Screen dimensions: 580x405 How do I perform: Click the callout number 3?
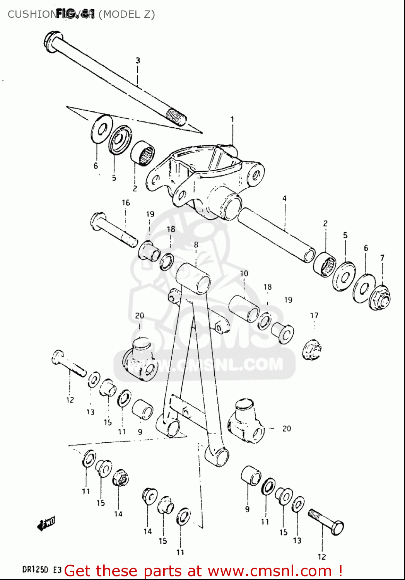coord(138,60)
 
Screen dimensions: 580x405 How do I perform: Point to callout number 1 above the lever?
coord(232,119)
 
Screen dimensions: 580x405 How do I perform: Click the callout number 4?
coord(284,198)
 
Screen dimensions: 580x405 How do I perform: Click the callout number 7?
coord(382,258)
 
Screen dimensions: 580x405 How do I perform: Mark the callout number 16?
coord(126,203)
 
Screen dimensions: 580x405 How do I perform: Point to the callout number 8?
coord(196,245)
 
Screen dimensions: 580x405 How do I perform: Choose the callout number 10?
coord(244,273)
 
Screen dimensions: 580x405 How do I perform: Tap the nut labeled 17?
coord(312,350)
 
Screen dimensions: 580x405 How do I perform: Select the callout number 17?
coord(314,316)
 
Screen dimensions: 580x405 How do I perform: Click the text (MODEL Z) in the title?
coord(126,14)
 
